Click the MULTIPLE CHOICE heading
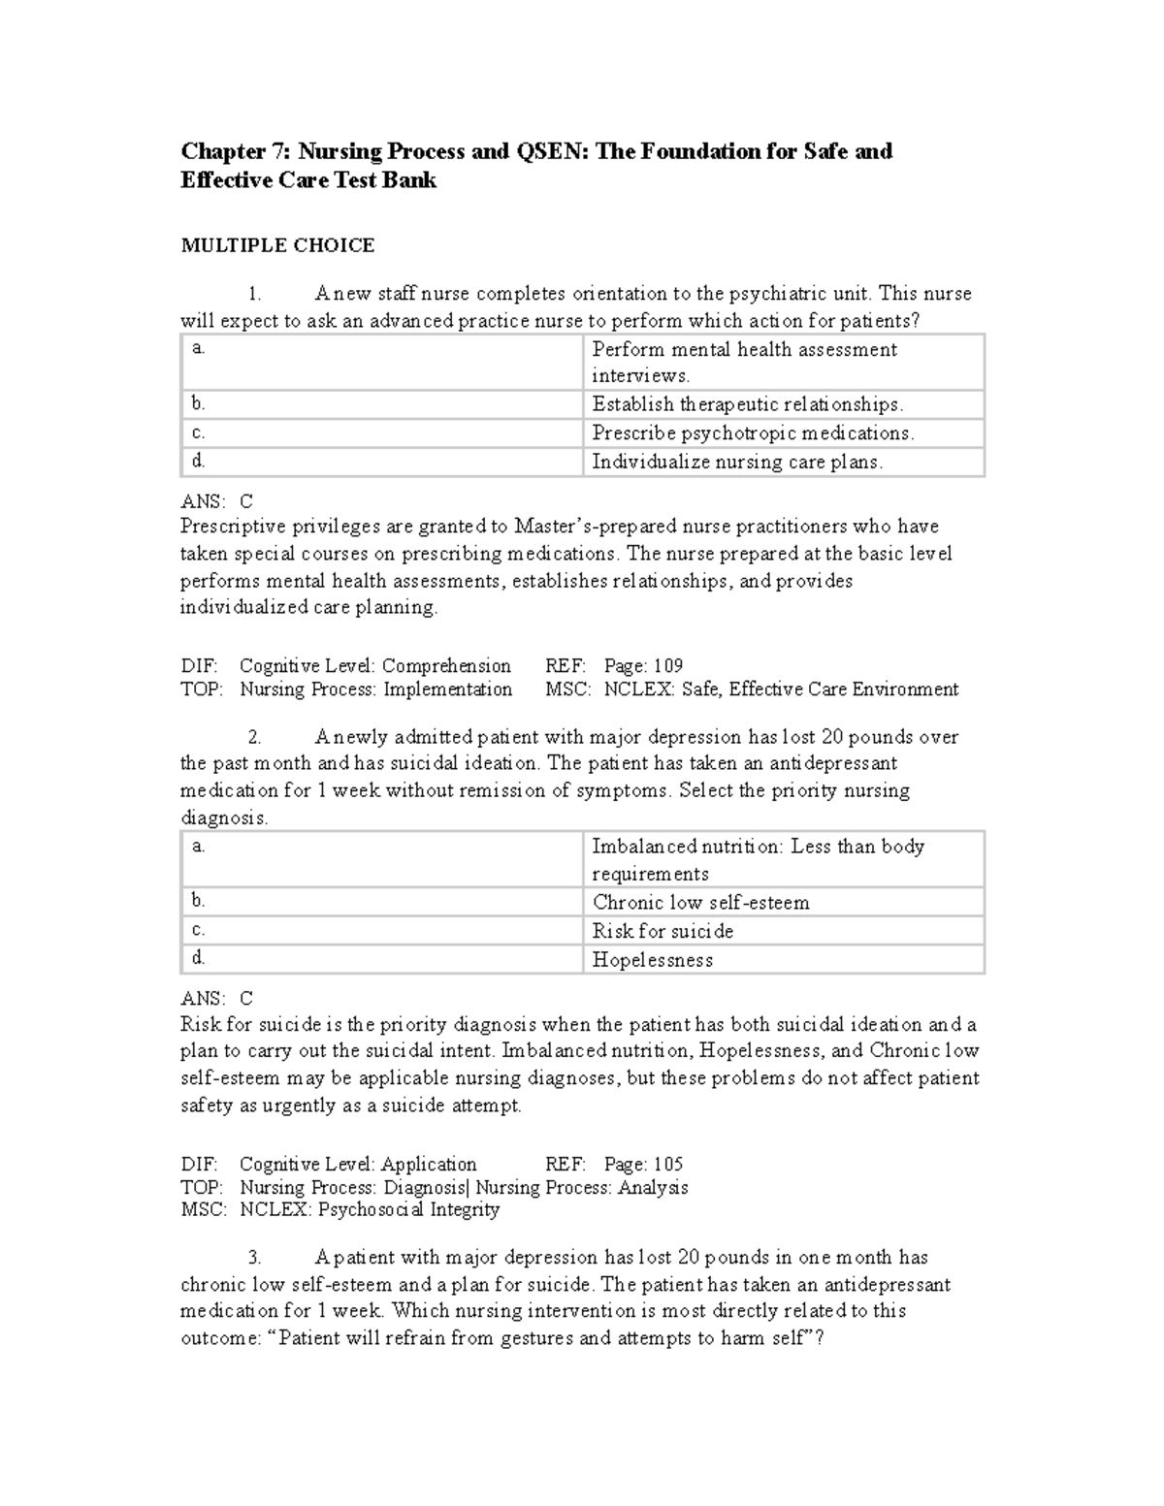(277, 245)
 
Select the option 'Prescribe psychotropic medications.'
(753, 433)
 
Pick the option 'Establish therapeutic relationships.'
(747, 404)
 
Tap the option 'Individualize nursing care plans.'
(737, 462)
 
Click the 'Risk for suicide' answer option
(663, 931)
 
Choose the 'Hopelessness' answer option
(653, 960)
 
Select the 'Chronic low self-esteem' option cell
(700, 902)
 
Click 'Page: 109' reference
(643, 666)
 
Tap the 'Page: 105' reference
(643, 1164)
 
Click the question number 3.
(254, 1258)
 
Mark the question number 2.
(254, 737)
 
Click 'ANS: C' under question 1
(217, 501)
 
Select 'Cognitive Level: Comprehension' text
(374, 666)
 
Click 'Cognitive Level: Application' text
(358, 1164)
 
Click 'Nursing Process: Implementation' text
(375, 689)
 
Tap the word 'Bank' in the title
(411, 180)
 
